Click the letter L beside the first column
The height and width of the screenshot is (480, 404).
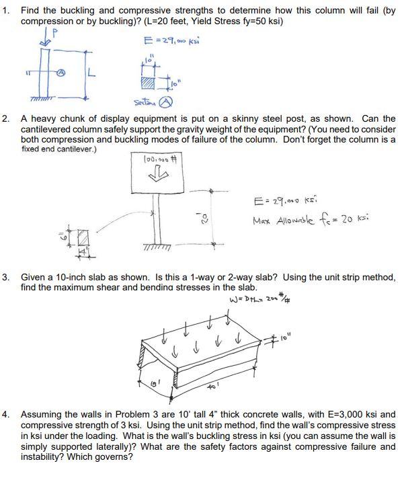point(89,75)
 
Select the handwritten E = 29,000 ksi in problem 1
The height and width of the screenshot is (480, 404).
point(167,41)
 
